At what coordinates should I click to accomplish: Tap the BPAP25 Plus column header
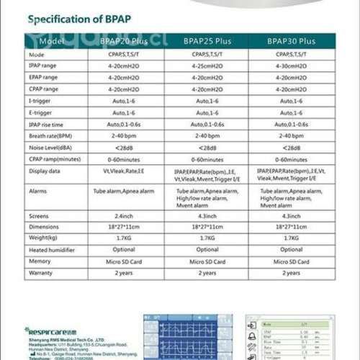click(x=207, y=41)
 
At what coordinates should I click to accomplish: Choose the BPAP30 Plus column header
click(x=291, y=41)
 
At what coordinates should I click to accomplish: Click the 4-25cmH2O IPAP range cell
click(x=207, y=66)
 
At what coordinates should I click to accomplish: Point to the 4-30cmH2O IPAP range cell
click(x=291, y=66)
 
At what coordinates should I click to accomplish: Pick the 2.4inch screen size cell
click(x=124, y=216)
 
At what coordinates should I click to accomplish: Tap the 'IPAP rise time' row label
click(x=47, y=124)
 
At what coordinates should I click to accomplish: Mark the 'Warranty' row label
click(x=40, y=273)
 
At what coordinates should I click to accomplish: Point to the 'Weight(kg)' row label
click(x=42, y=238)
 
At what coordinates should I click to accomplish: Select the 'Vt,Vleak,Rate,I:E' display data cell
click(x=124, y=171)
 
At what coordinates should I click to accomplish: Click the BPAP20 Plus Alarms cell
click(x=124, y=192)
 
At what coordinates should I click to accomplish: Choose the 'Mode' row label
click(x=36, y=54)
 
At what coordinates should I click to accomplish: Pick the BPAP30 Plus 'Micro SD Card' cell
click(x=291, y=261)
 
